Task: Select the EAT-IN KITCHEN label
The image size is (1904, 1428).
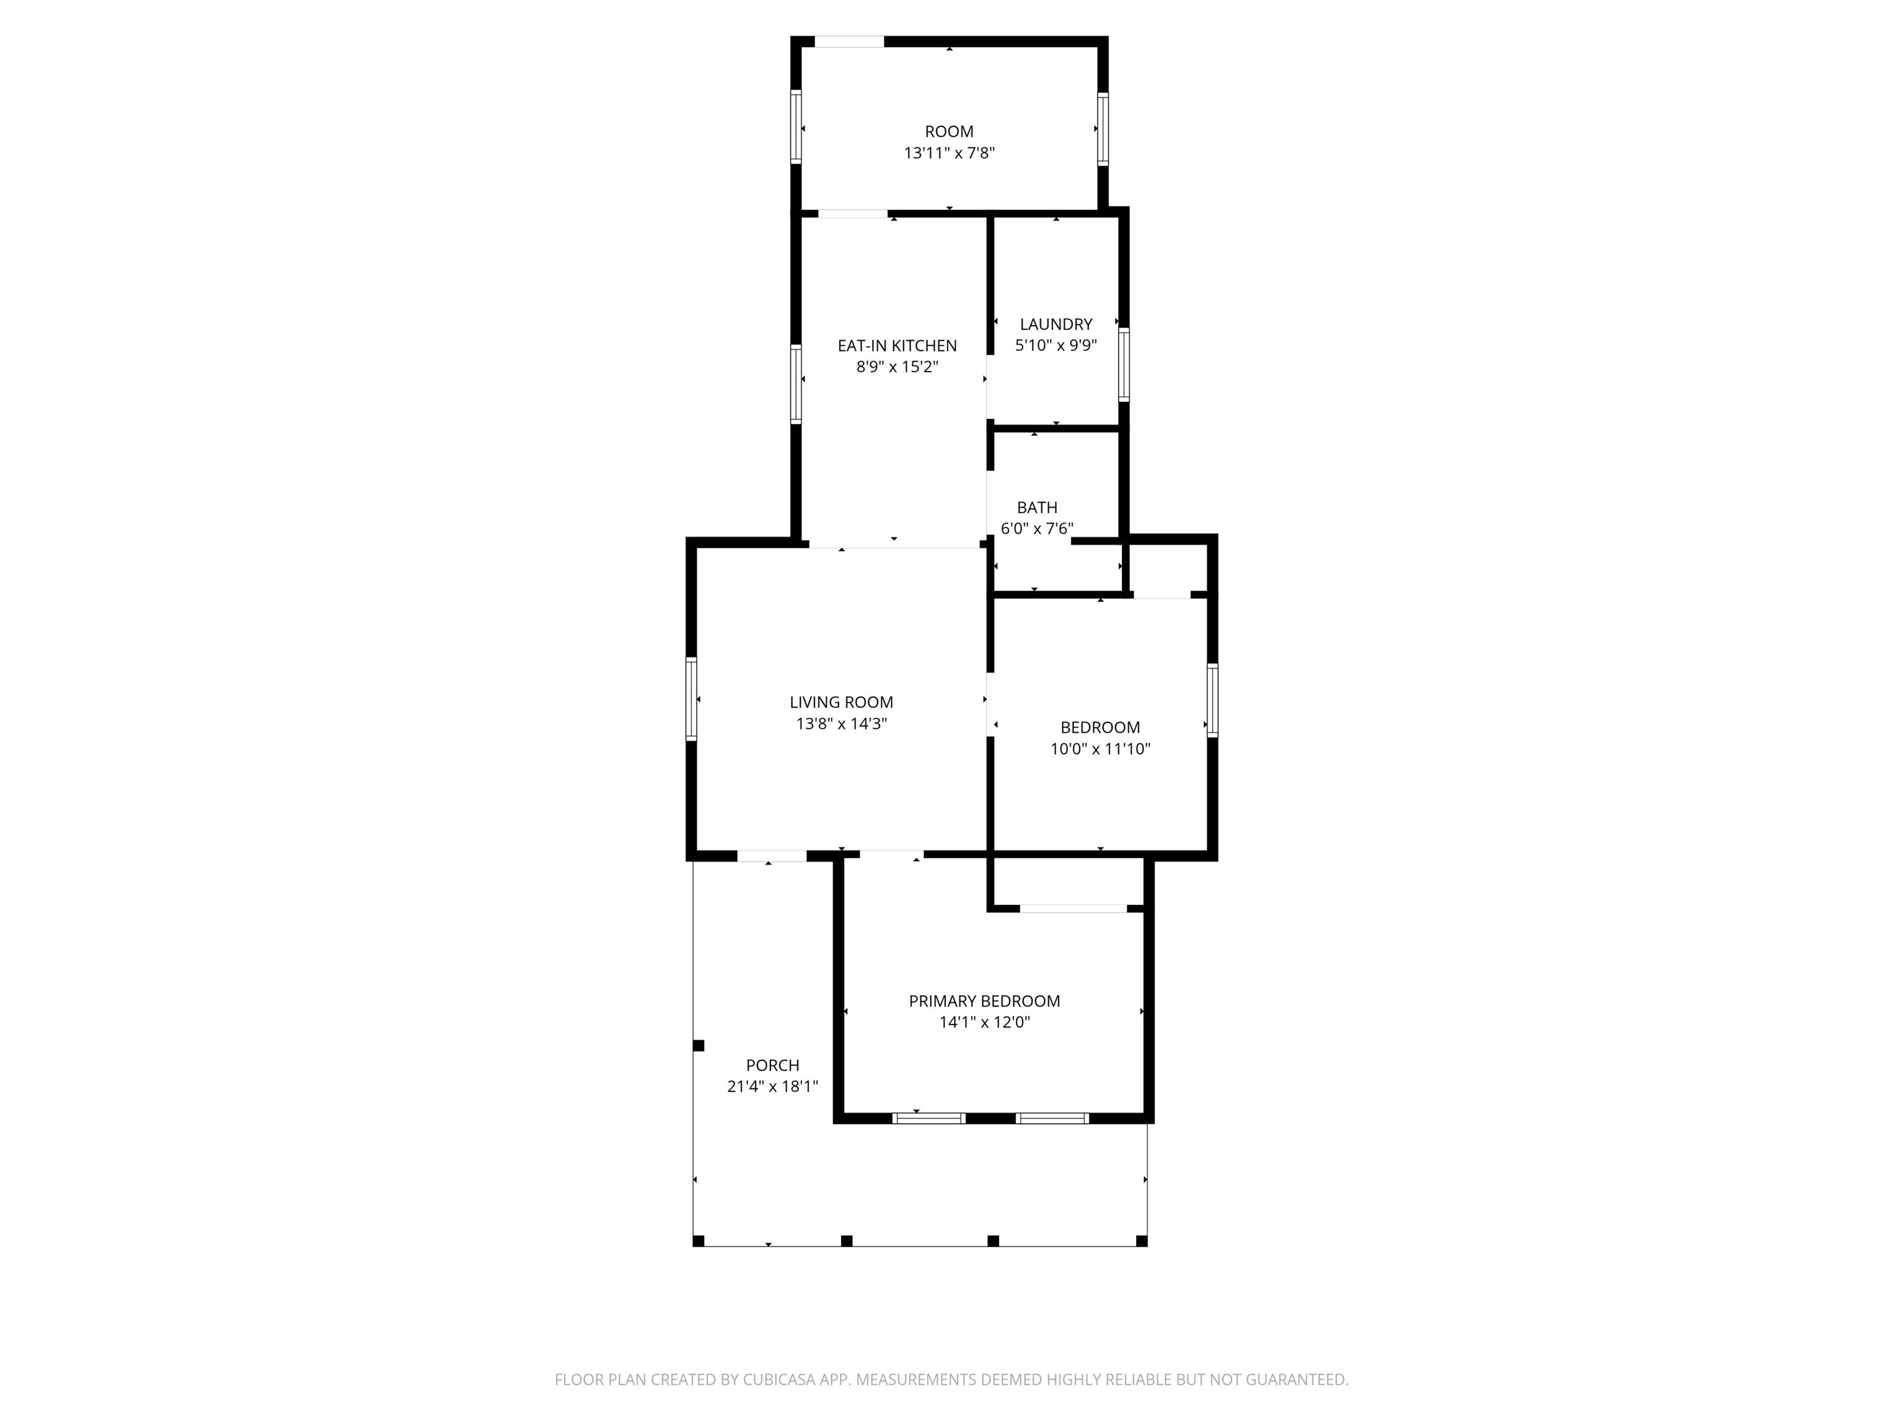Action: (x=897, y=345)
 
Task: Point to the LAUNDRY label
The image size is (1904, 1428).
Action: (x=1056, y=325)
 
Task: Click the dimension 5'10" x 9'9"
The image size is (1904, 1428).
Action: (x=1056, y=346)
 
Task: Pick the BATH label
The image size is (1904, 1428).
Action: (x=1036, y=508)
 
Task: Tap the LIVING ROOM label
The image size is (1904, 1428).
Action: (x=841, y=702)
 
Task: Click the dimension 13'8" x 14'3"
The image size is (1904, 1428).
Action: (x=841, y=724)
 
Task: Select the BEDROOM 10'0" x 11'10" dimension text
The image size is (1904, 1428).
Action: (x=1100, y=749)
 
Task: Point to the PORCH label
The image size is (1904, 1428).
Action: (x=772, y=1065)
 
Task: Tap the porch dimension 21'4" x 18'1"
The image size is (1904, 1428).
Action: (x=772, y=1087)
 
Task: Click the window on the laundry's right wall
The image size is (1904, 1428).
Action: (x=1123, y=364)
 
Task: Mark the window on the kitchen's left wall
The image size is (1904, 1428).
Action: (x=796, y=384)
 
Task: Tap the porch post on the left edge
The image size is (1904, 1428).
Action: (x=699, y=1046)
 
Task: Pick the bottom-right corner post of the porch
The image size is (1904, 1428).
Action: (x=1142, y=1240)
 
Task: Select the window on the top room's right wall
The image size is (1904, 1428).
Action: (x=1103, y=128)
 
